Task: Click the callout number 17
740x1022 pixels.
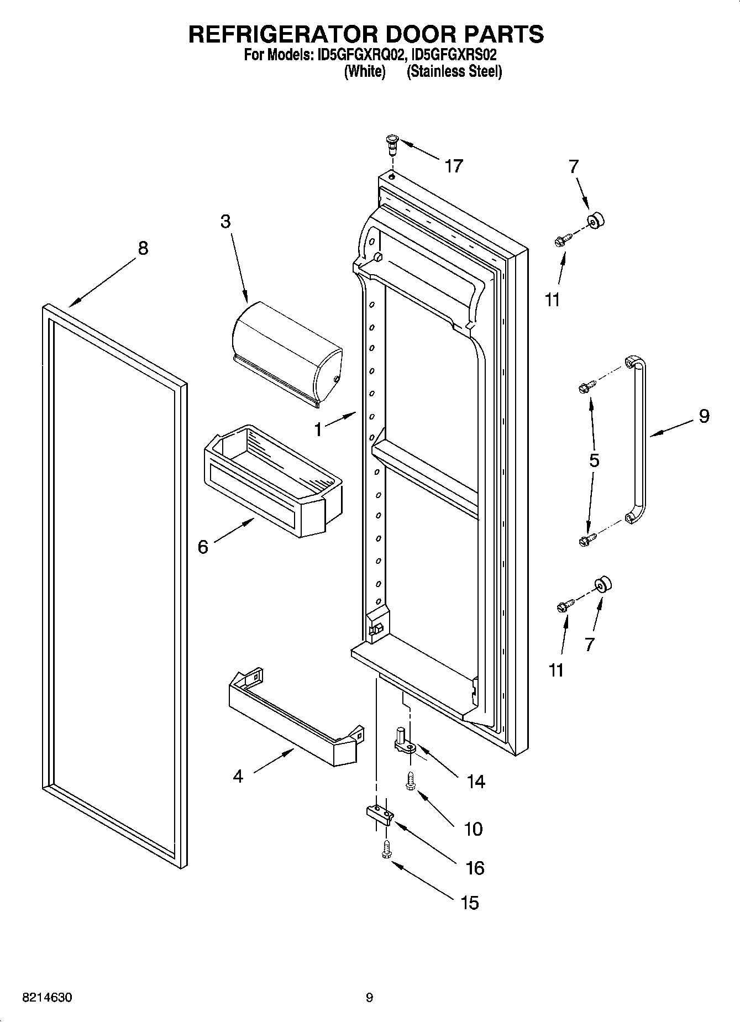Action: tap(454, 166)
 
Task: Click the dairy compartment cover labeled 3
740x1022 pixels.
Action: tap(287, 352)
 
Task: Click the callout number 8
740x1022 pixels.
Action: tap(143, 248)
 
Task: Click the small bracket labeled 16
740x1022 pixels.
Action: tap(379, 814)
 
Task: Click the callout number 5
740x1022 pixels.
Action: tap(594, 460)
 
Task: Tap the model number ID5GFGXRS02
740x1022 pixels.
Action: tap(454, 56)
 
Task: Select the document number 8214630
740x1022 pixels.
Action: tap(47, 998)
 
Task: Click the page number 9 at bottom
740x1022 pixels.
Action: tap(369, 998)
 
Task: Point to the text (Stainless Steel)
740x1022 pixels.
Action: tap(454, 72)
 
